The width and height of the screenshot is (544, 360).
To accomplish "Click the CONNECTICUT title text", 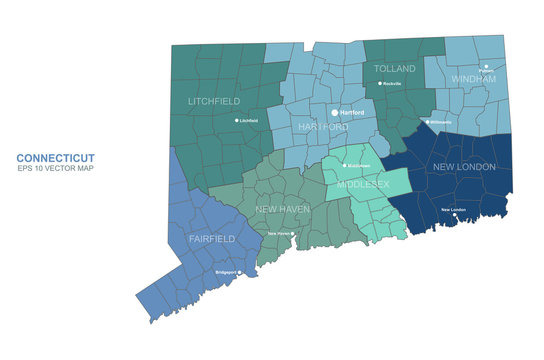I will click(55, 158).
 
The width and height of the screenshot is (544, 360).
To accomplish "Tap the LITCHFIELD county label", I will click(214, 101).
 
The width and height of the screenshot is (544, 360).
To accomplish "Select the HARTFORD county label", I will click(322, 127).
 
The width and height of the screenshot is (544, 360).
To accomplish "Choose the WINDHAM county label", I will click(472, 77).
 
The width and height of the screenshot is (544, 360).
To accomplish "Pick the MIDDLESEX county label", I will click(367, 186).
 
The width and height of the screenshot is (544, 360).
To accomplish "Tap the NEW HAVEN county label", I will click(282, 209).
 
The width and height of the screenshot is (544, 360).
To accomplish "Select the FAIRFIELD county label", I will click(212, 239).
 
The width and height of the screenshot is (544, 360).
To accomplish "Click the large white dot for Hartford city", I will click(335, 113).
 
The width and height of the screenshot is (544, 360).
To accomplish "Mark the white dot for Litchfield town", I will click(237, 120).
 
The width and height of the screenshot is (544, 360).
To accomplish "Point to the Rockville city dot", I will click(380, 84).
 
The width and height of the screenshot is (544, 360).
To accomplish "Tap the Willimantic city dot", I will click(427, 122).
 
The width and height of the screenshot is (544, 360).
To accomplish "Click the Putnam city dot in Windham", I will click(486, 67).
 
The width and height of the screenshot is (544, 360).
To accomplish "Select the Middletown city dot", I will click(345, 165).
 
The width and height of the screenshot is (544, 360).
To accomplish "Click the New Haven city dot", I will click(293, 233).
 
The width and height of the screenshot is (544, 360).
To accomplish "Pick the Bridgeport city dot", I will click(239, 271).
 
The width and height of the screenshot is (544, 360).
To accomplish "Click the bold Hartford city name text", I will click(352, 113).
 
